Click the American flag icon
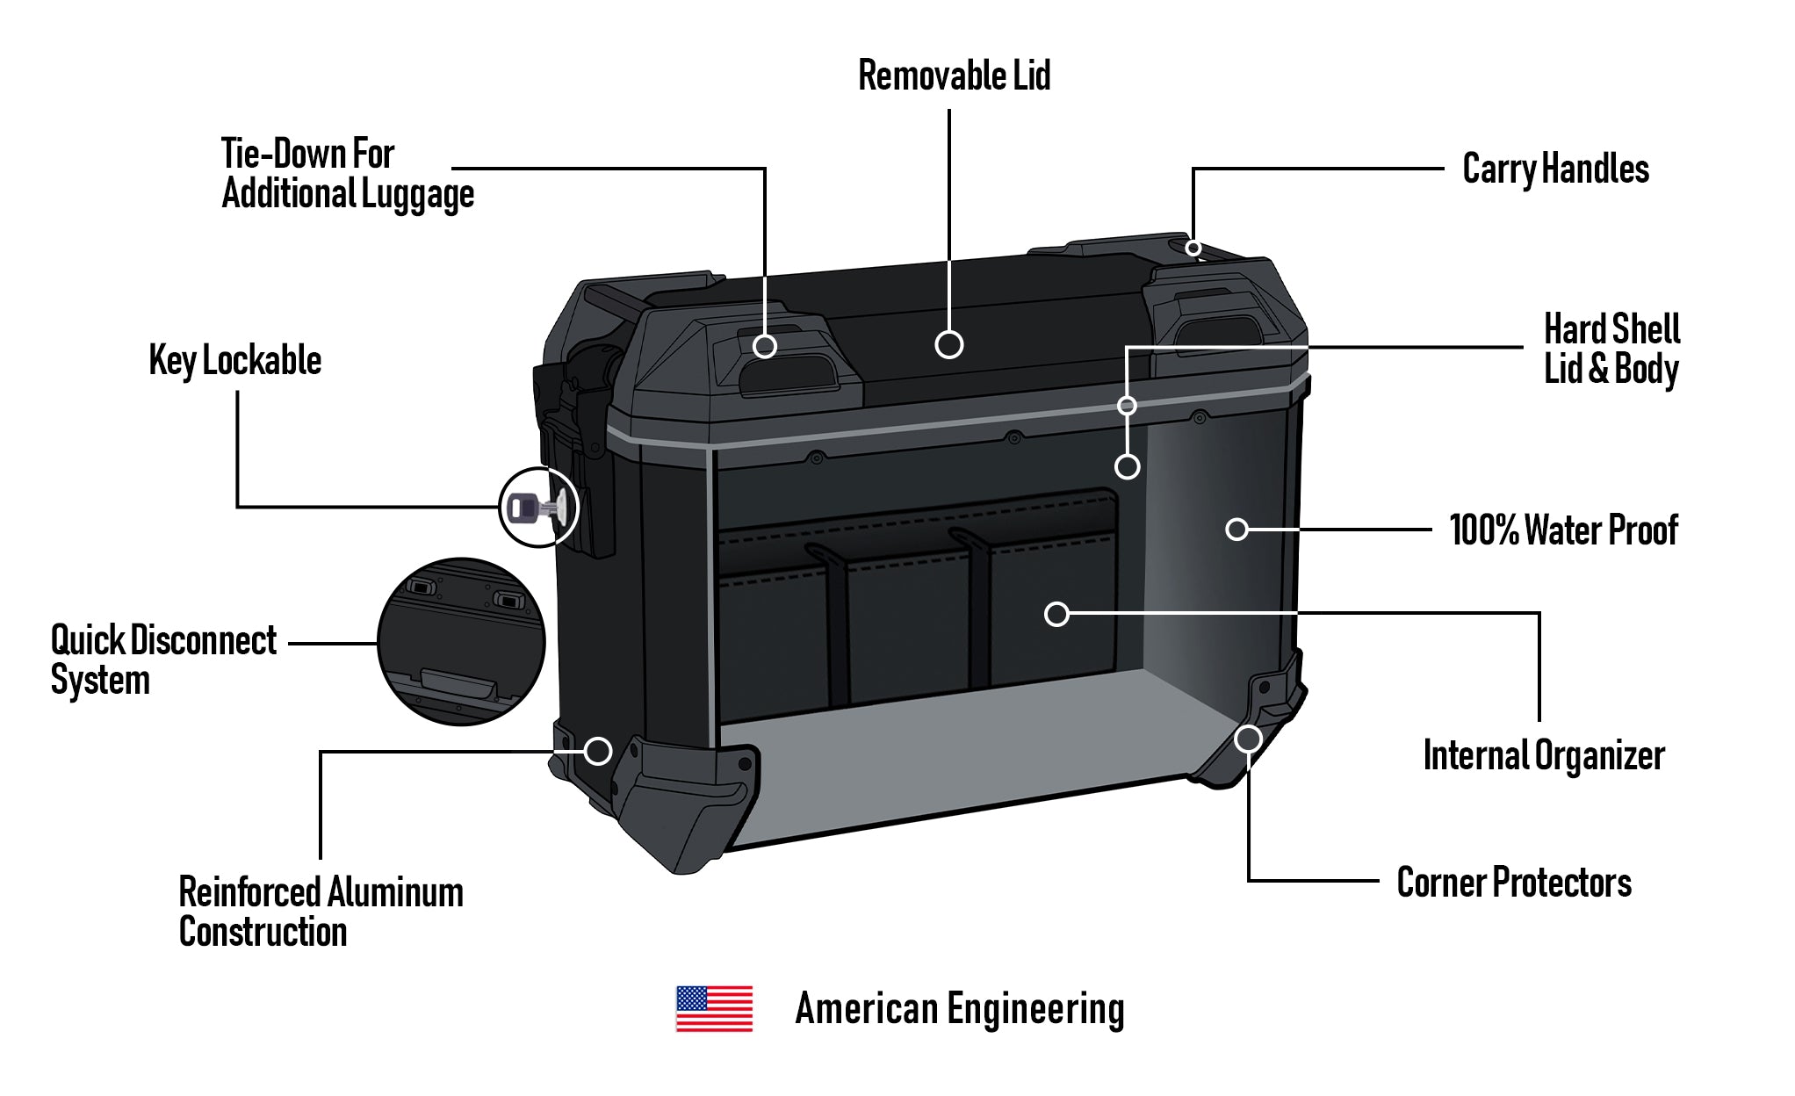[x=714, y=1008]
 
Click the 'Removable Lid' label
[x=954, y=76]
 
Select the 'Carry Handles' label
[x=1555, y=169]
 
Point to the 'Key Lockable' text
[x=235, y=360]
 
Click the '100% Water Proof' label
[x=1563, y=530]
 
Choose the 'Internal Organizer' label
[x=1544, y=755]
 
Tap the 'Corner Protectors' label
[x=1514, y=883]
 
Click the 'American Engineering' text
[x=959, y=1008]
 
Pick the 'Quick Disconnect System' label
[x=163, y=660]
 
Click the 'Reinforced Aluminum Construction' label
[x=321, y=912]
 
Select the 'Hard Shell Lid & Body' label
[x=1611, y=349]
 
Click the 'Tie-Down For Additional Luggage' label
[x=348, y=173]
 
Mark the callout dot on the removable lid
[x=949, y=344]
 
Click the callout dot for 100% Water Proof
[x=1236, y=530]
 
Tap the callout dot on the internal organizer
[x=1056, y=614]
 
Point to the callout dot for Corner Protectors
[x=1248, y=739]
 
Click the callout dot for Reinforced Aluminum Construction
[x=598, y=751]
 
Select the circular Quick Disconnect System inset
[x=461, y=642]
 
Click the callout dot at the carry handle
[x=1193, y=249]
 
